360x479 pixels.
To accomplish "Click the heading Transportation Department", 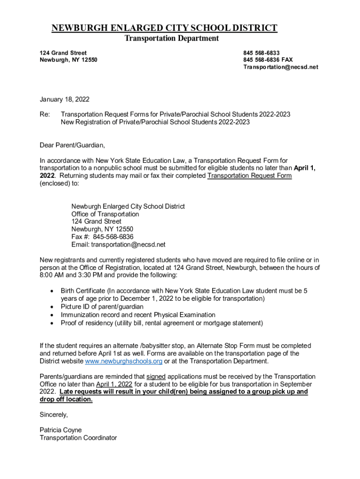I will (171, 38).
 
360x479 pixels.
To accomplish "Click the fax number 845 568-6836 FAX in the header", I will (268, 60).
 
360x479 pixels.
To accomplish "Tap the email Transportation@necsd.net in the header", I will (281, 67).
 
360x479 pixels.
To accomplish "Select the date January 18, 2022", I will (65, 99).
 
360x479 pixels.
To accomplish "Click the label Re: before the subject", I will (45, 114).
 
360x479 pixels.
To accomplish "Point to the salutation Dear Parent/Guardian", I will (72, 145).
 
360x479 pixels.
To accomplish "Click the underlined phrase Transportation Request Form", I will (250, 176).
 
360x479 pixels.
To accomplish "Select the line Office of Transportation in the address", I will (105, 214).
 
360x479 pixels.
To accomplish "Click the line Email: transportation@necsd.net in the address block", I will (118, 244).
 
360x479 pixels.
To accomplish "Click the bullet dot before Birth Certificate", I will (51, 291).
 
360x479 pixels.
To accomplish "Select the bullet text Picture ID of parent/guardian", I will (102, 306).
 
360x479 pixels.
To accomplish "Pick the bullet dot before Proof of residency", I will (51, 323).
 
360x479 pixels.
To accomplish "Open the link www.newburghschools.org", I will (123, 361).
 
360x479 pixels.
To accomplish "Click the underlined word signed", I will (156, 377).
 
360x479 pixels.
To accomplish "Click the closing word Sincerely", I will (54, 415).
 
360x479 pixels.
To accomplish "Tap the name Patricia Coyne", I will (61, 430).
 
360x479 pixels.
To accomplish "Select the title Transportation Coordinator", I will (78, 438).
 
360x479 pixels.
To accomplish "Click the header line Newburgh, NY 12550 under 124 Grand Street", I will (69, 60).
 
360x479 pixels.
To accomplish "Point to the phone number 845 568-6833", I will (261, 53).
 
